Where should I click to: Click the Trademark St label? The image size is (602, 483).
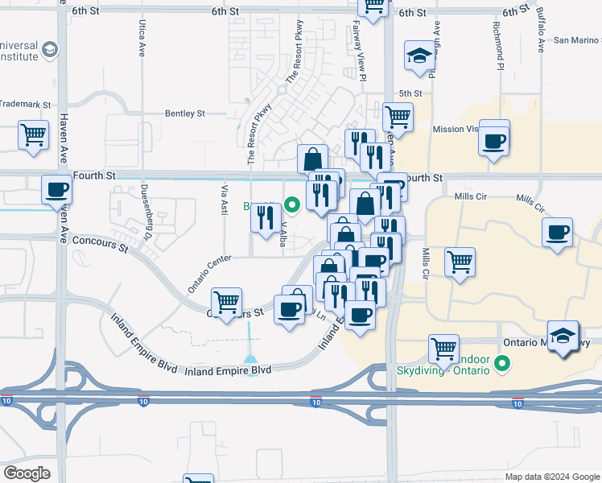tap(25, 105)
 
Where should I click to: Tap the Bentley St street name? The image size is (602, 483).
tap(185, 114)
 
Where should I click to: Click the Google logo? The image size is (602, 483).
tap(27, 473)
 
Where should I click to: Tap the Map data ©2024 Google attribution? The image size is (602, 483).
tap(552, 477)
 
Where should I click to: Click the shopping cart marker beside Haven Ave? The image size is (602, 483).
tap(33, 134)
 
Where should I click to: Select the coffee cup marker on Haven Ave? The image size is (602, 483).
tap(57, 190)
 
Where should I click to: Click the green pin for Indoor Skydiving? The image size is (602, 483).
tap(504, 365)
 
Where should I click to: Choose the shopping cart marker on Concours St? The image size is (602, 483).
tap(227, 302)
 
